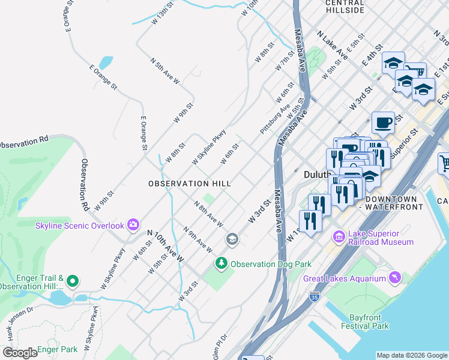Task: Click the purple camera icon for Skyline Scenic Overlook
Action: [x=133, y=226]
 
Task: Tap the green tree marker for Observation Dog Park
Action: [x=221, y=263]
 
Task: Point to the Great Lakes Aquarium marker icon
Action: [x=395, y=277]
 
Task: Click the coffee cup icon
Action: [x=383, y=124]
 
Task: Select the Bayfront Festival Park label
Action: [x=364, y=321]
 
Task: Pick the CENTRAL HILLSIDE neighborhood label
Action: [x=345, y=6]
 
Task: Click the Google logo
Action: [x=20, y=353]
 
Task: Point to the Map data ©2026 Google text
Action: [x=412, y=355]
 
